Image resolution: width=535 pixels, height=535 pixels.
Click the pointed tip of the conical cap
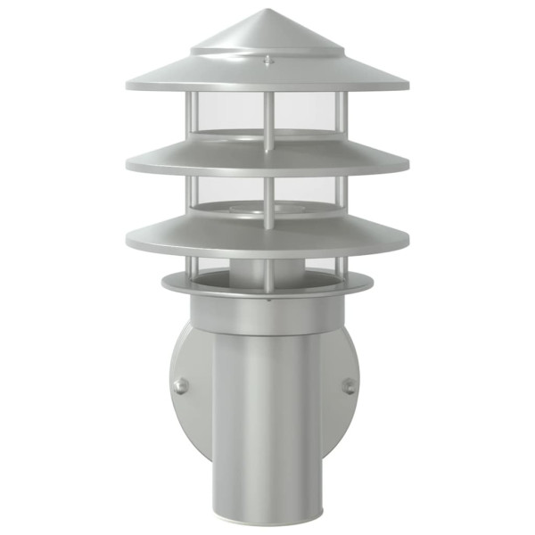click(268, 12)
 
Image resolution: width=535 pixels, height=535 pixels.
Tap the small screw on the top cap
click(268, 60)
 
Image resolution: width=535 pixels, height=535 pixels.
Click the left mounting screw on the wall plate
click(180, 385)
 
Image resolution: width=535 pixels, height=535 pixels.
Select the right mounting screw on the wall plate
click(350, 386)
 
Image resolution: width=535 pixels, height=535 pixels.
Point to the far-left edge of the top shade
click(128, 86)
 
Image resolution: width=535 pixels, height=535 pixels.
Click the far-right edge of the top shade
click(408, 86)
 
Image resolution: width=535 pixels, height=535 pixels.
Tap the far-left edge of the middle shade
click(128, 166)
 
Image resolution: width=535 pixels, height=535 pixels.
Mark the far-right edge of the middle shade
click(408, 166)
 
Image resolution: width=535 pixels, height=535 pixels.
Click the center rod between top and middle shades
click(268, 120)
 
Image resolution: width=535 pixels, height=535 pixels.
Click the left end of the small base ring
click(163, 284)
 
